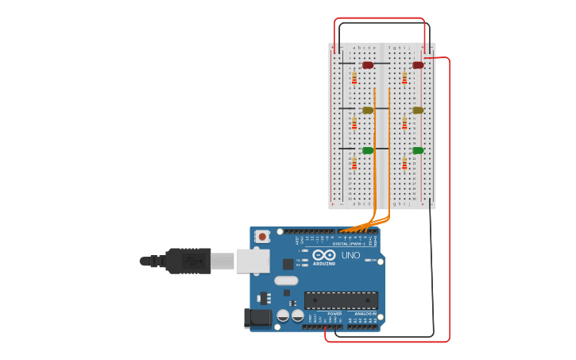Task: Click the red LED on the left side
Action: [367, 65]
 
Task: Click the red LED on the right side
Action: [418, 65]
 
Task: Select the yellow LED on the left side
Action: [367, 110]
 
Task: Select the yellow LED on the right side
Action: [418, 110]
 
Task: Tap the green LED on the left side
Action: [367, 150]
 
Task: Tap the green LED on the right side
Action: [418, 150]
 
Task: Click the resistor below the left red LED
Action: [354, 78]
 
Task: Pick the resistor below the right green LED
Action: [404, 163]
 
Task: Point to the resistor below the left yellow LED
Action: [354, 123]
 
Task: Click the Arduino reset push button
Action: [261, 237]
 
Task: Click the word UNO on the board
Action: [350, 256]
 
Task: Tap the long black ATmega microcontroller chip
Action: [341, 300]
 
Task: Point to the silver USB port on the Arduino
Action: [253, 261]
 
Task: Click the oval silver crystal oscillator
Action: [286, 281]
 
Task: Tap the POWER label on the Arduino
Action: [334, 314]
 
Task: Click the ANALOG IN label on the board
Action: [365, 314]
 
